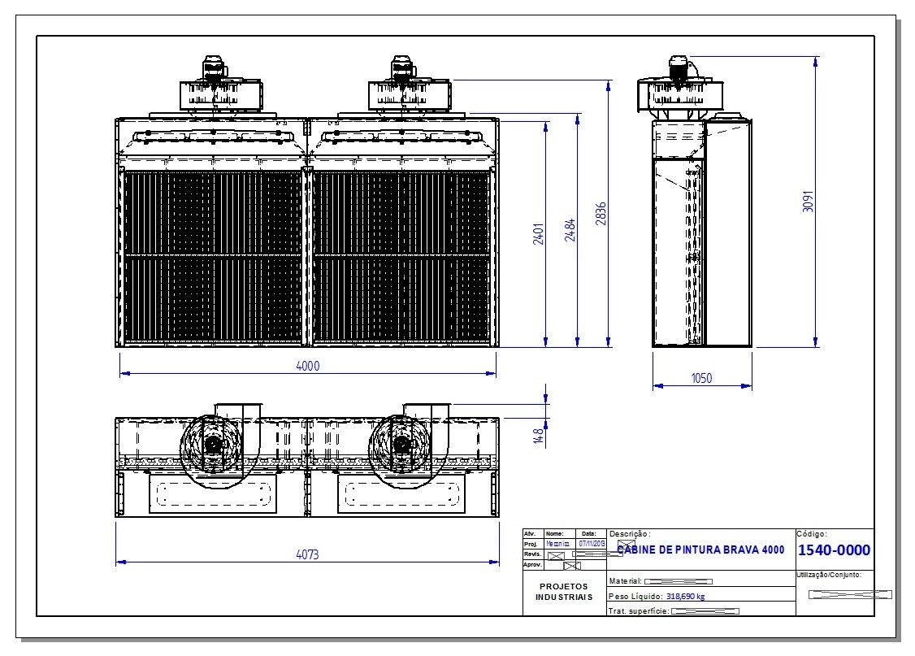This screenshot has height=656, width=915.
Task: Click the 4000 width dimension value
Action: click(x=308, y=366)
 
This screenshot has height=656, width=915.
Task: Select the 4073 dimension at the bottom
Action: click(x=306, y=554)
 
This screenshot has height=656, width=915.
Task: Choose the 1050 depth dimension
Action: click(x=700, y=378)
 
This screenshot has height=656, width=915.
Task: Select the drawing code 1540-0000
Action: click(x=835, y=550)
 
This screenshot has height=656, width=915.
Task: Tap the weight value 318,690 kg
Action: click(x=685, y=597)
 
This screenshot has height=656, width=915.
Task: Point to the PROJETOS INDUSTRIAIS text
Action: click(x=563, y=591)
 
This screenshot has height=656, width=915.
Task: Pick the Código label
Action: click(x=811, y=534)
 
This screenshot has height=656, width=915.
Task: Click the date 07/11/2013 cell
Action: click(x=592, y=543)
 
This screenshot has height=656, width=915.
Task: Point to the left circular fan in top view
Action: click(x=213, y=445)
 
